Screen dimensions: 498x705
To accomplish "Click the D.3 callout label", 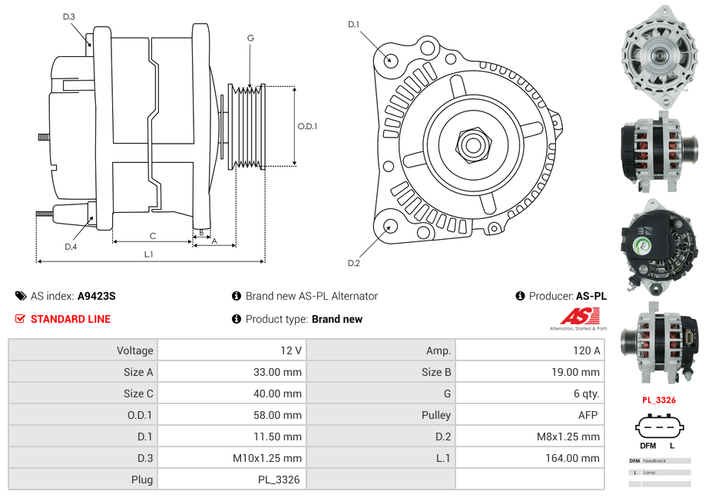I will coord(68,16).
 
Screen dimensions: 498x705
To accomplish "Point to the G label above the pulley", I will coord(250,38).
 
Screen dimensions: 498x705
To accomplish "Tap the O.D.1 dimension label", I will coord(307,126).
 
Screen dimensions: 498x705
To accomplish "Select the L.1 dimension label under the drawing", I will coord(148,254).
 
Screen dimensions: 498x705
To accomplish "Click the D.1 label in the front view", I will coord(353,25).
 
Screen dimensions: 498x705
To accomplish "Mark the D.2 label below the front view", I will coord(353,264).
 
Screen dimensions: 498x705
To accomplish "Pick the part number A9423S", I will coord(97,296).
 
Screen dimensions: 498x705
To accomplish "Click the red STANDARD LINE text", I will coord(71,319).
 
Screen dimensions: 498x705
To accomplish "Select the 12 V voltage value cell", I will coord(291,350).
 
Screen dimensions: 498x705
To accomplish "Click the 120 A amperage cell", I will coord(586,350).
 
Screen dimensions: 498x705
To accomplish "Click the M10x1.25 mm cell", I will coord(266,458).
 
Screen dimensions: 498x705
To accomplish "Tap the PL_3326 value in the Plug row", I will coord(279,480).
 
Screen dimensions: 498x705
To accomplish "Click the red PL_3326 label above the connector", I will coord(659,400).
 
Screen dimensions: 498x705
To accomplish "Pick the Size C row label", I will coord(138,393).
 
